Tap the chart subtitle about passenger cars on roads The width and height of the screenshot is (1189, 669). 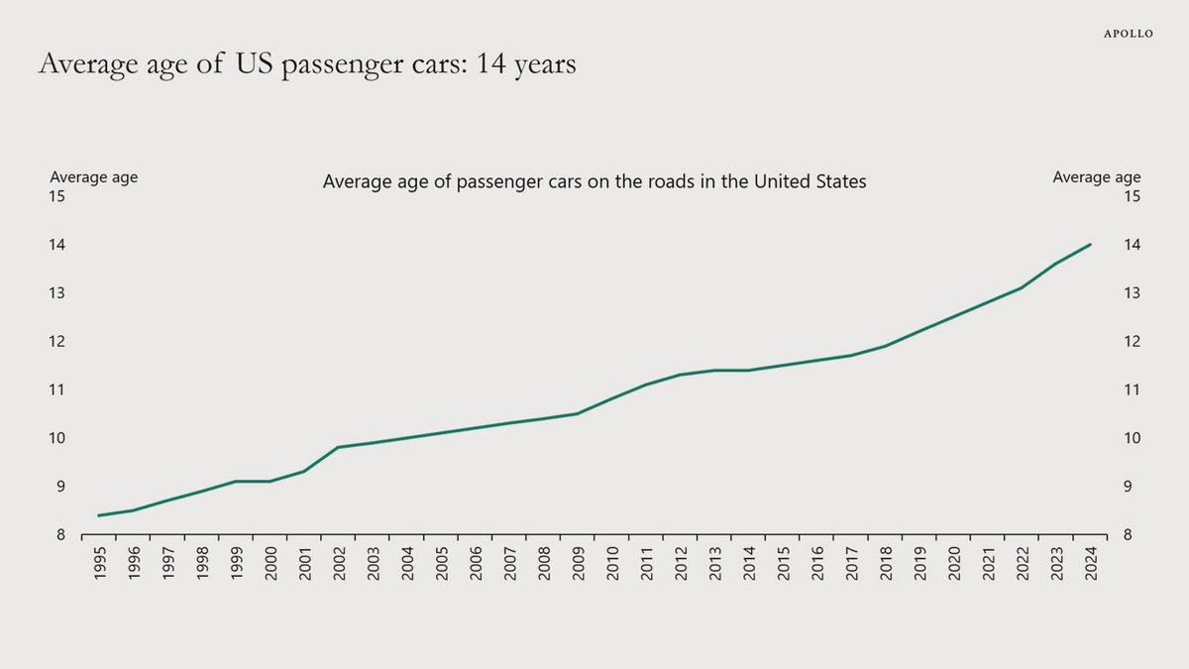pyautogui.click(x=594, y=182)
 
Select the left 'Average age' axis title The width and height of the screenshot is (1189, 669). pyautogui.click(x=94, y=177)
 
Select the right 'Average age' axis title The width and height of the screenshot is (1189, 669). pyautogui.click(x=1096, y=177)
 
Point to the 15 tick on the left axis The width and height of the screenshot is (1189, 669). pyautogui.click(x=57, y=196)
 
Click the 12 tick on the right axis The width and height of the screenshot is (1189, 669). pyautogui.click(x=1133, y=342)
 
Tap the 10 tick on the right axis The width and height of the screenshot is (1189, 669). pyautogui.click(x=1133, y=439)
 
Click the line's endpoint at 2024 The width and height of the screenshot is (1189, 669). pyautogui.click(x=1091, y=245)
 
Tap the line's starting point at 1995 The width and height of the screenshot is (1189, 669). pyautogui.click(x=100, y=515)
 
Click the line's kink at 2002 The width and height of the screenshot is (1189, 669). pyautogui.click(x=339, y=447)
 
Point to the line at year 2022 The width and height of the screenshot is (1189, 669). pyautogui.click(x=1023, y=287)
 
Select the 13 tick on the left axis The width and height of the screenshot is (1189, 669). pyautogui.click(x=57, y=293)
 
